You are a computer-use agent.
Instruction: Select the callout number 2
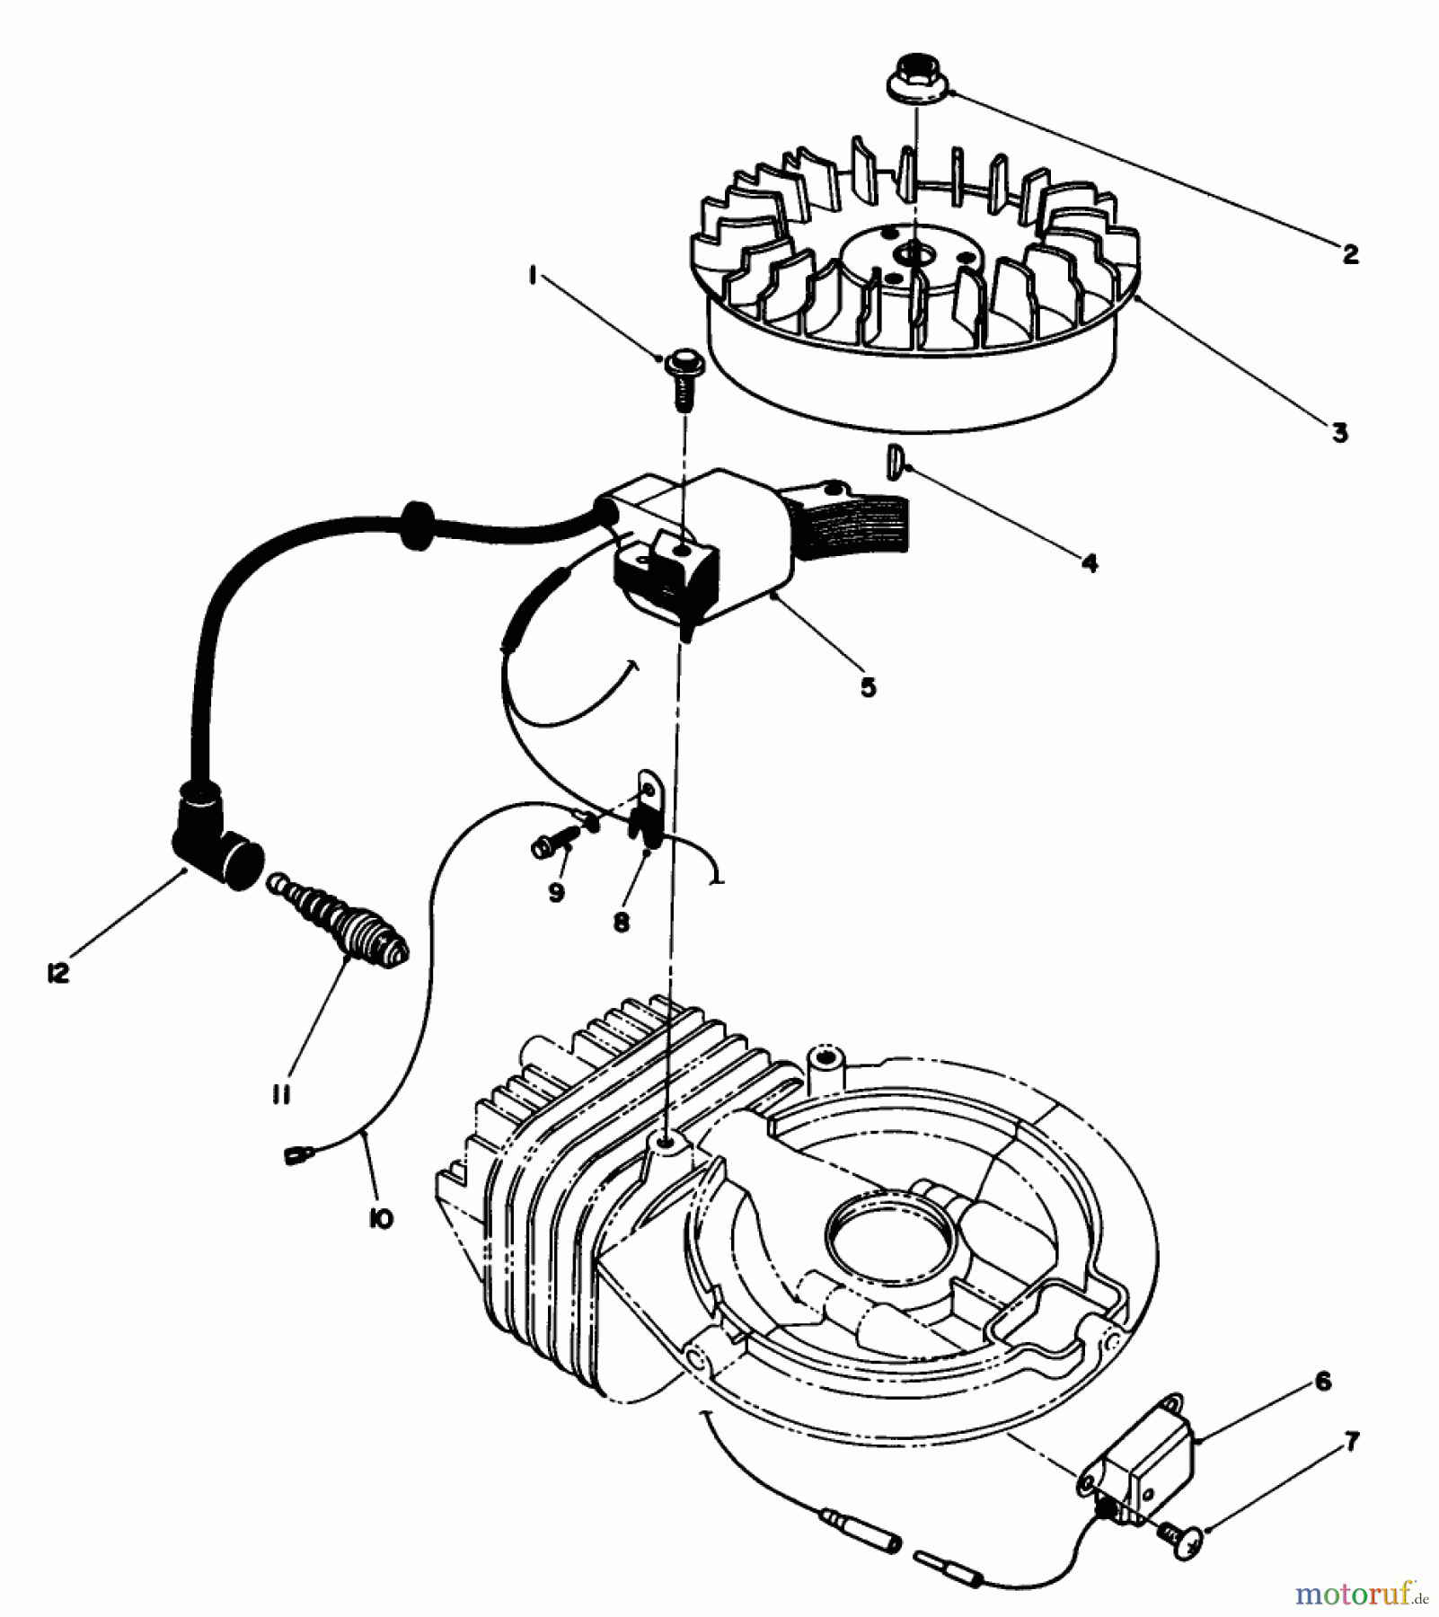tap(1350, 253)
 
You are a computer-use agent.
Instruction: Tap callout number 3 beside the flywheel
tap(1339, 433)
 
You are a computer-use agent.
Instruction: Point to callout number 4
tap(1089, 563)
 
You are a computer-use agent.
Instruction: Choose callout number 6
tap(1323, 1381)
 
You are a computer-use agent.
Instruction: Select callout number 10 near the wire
tap(381, 1219)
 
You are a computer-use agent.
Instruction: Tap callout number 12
tap(58, 975)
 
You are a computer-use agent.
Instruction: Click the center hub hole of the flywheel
tap(914, 255)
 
